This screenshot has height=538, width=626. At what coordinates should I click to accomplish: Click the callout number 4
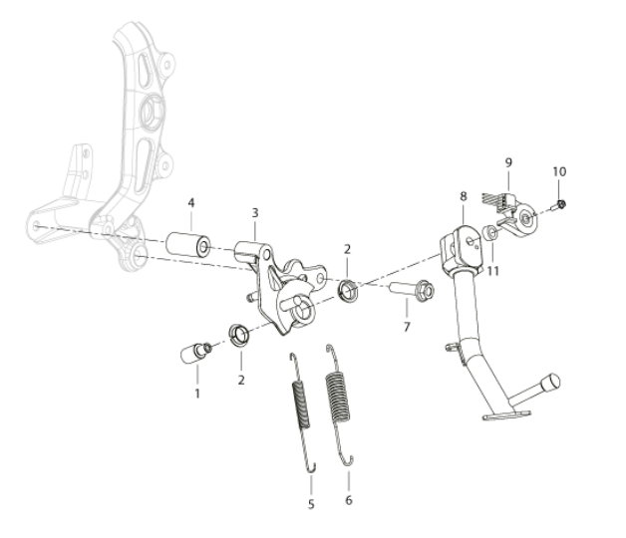pyautogui.click(x=191, y=203)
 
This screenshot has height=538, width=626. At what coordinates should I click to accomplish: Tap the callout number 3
pyautogui.click(x=255, y=213)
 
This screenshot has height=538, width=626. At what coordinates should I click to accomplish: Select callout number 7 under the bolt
pyautogui.click(x=407, y=327)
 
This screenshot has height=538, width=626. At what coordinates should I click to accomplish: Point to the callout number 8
pyautogui.click(x=464, y=196)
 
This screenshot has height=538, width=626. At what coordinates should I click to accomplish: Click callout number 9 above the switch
pyautogui.click(x=508, y=162)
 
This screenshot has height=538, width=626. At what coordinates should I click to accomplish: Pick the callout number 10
pyautogui.click(x=559, y=171)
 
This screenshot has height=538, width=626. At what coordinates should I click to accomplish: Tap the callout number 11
pyautogui.click(x=493, y=271)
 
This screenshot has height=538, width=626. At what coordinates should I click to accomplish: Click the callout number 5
pyautogui.click(x=311, y=504)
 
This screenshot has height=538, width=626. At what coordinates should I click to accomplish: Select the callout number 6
pyautogui.click(x=349, y=500)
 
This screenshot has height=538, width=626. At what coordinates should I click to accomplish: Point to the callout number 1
pyautogui.click(x=197, y=394)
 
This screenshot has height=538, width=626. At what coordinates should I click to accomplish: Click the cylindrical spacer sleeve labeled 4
pyautogui.click(x=188, y=244)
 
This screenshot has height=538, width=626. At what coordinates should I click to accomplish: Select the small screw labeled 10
pyautogui.click(x=558, y=205)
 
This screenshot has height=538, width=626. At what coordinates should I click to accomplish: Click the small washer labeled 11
pyautogui.click(x=489, y=233)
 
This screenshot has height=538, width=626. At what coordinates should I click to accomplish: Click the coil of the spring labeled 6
pyautogui.click(x=339, y=397)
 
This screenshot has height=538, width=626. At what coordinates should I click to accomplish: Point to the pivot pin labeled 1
pyautogui.click(x=195, y=353)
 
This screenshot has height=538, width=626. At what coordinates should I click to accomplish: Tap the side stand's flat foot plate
pyautogui.click(x=507, y=415)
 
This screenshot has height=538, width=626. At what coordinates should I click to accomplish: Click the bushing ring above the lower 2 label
pyautogui.click(x=239, y=335)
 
